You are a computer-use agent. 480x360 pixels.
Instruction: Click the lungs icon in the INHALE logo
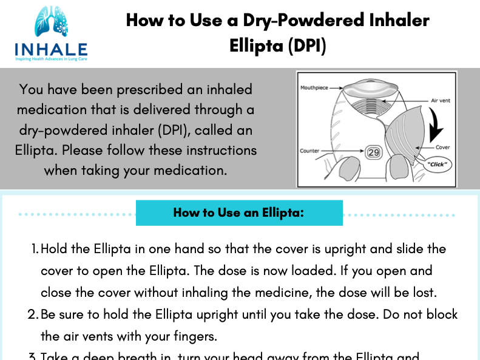point(51,22)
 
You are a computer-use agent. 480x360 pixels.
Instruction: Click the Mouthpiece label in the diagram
point(314,88)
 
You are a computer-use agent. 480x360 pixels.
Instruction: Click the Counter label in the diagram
point(310,151)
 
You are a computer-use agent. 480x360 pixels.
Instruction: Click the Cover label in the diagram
point(442,148)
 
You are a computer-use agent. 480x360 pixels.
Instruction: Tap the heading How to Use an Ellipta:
point(238,213)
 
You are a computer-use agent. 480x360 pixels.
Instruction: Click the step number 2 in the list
point(33,315)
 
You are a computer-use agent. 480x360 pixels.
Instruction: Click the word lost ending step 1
point(423,292)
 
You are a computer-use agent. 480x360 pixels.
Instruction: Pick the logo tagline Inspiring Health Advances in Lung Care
point(51,59)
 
